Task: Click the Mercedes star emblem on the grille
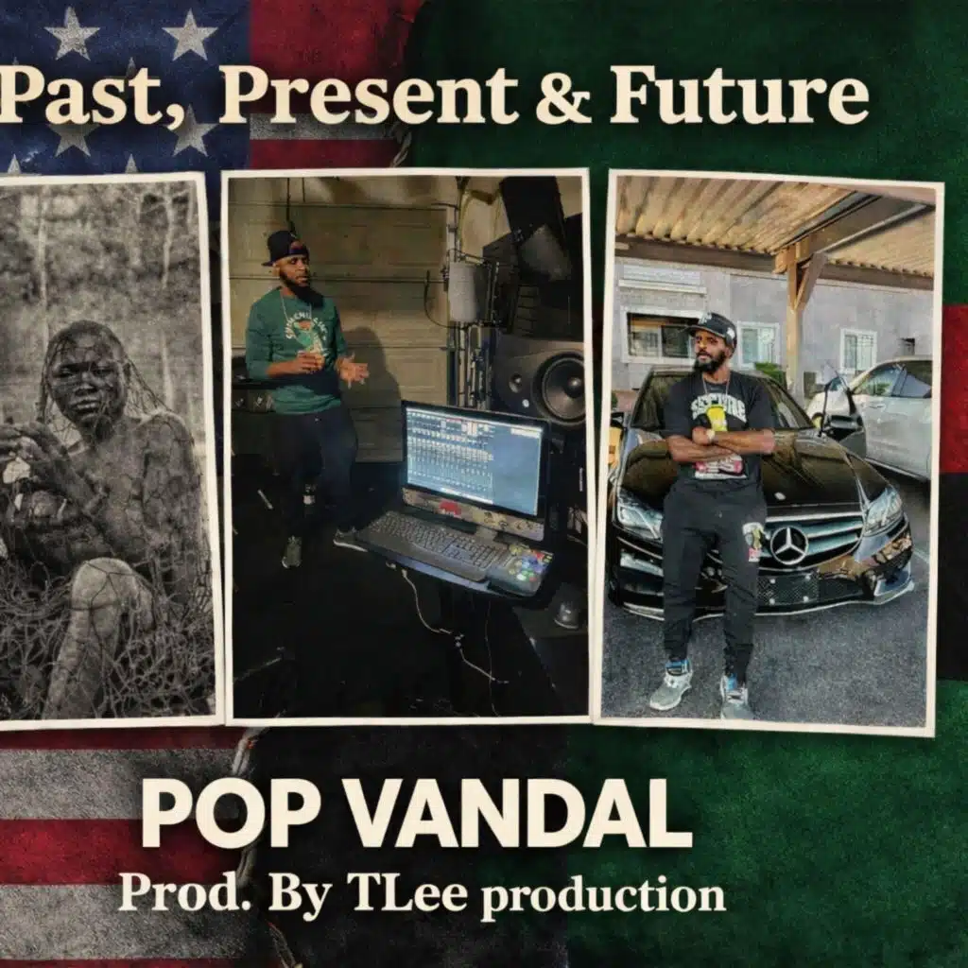(x=788, y=545)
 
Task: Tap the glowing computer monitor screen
(x=475, y=459)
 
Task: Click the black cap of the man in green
(x=285, y=247)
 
